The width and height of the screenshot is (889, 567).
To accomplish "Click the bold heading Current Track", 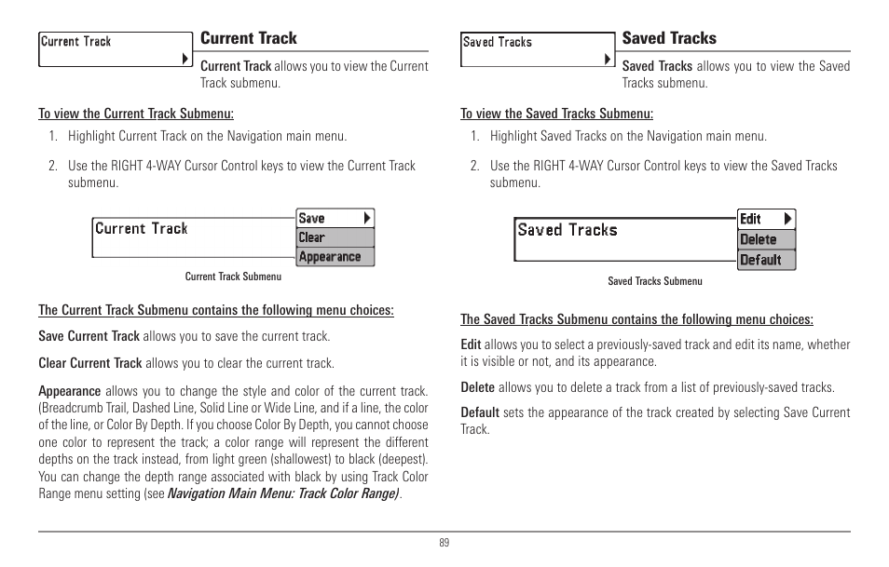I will tap(249, 38).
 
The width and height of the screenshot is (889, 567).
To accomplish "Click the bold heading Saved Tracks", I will tap(669, 38).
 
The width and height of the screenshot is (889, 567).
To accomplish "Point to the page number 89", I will tap(444, 544).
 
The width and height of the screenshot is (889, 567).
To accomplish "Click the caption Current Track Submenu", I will tap(233, 277).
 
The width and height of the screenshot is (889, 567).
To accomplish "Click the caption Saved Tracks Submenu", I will tap(655, 281).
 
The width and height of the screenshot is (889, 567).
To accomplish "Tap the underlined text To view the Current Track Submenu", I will tap(136, 114).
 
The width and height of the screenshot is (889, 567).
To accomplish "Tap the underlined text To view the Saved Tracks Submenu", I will tap(556, 114).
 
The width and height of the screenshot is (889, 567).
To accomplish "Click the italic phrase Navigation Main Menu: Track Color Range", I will tap(283, 493).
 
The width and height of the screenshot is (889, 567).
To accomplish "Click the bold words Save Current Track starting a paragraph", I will tap(89, 336).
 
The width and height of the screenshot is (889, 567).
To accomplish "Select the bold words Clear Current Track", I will tap(89, 363).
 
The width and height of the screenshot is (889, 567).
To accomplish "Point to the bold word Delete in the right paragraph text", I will tap(478, 387).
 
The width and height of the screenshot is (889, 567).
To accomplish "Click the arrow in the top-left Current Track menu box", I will tap(185, 59).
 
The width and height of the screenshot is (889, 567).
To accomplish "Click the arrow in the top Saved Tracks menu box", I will tap(608, 59).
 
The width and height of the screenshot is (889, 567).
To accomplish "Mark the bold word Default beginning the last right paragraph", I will tap(480, 412).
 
